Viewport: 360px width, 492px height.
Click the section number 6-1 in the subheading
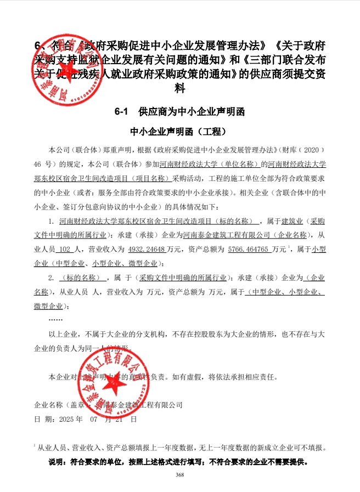[121, 112]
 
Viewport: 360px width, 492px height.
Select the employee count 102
[66, 249]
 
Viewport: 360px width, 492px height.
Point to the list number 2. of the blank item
[52, 277]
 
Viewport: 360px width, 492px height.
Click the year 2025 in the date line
[71, 419]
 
